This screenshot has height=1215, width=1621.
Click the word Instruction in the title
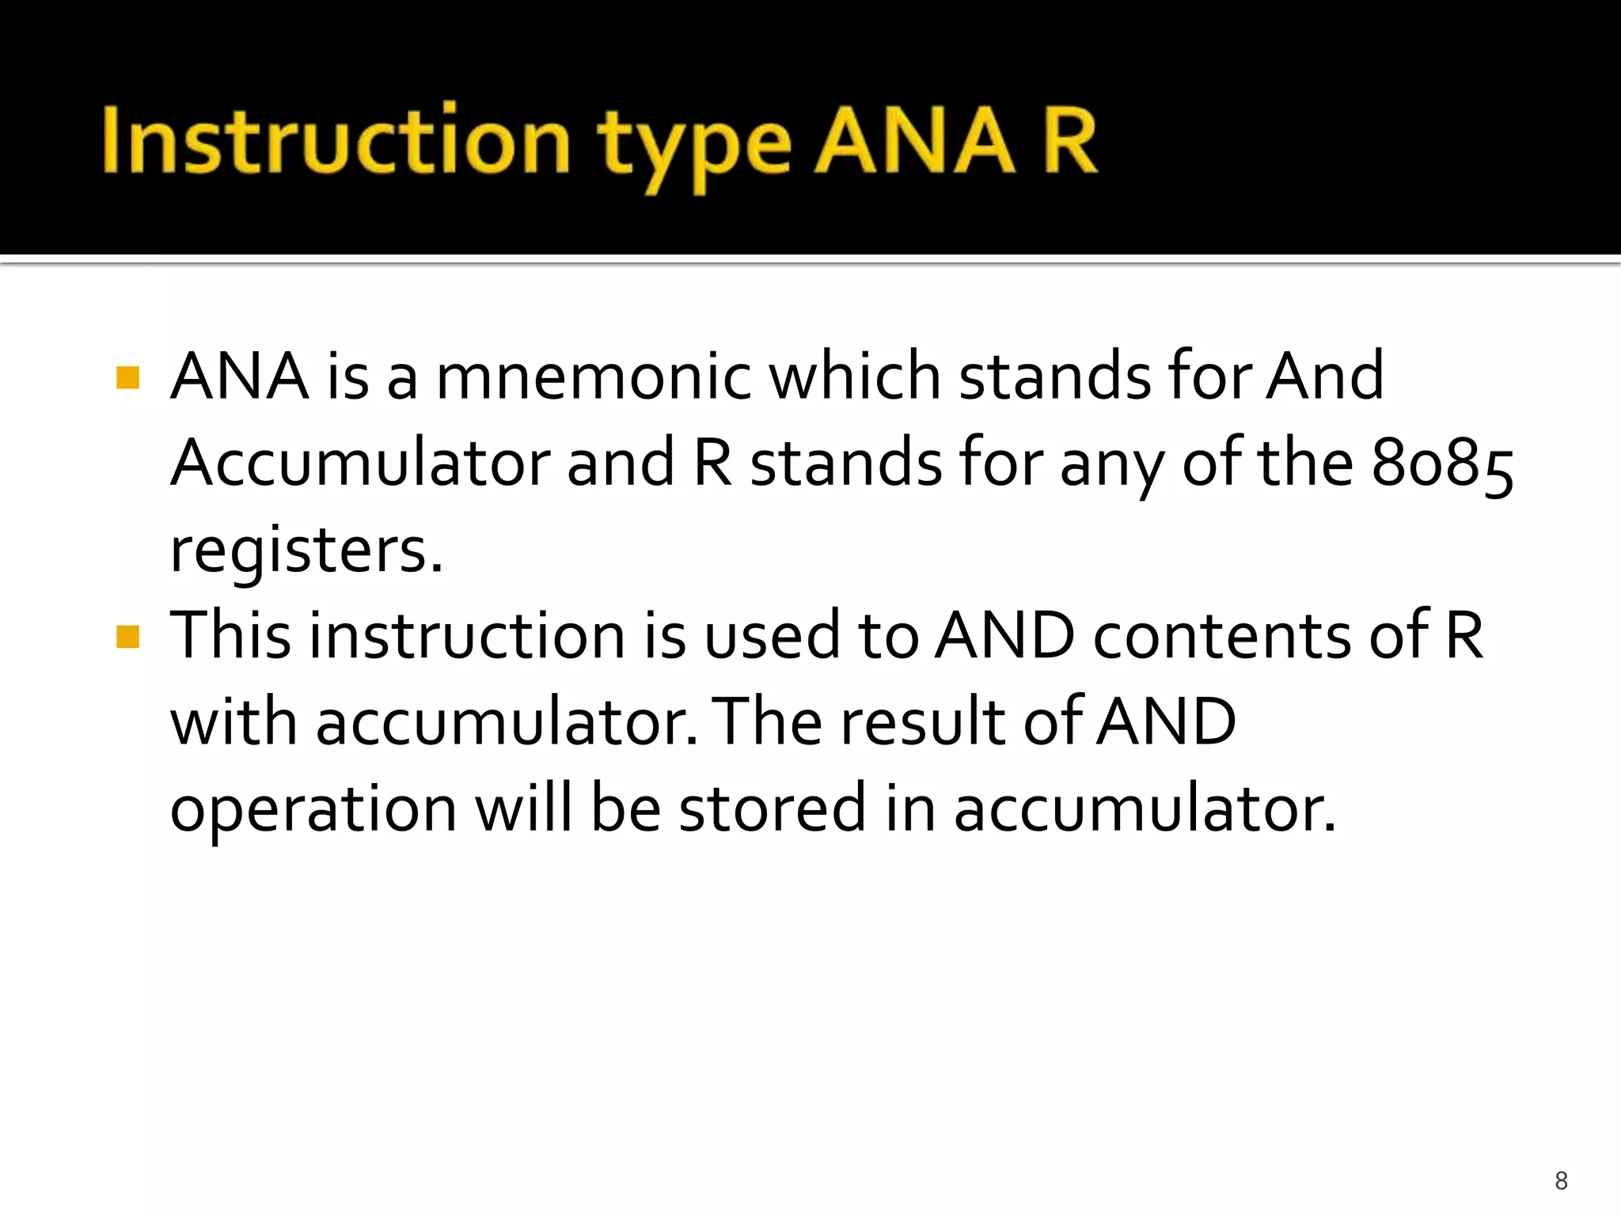(336, 141)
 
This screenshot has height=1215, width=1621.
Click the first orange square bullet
(127, 377)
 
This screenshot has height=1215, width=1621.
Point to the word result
(921, 721)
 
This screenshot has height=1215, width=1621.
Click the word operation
(313, 810)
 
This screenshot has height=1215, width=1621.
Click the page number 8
(1561, 1181)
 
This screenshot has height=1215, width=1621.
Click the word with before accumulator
(234, 721)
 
